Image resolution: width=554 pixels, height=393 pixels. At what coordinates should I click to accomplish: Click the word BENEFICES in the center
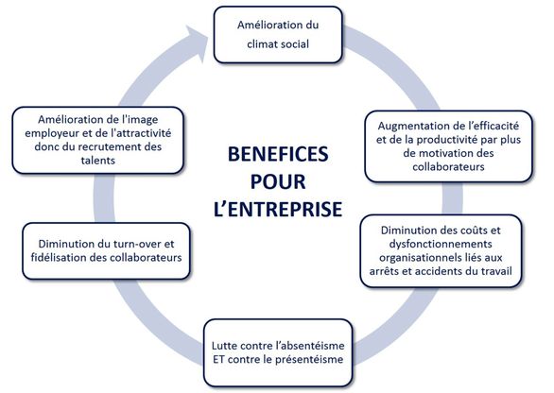(x=278, y=154)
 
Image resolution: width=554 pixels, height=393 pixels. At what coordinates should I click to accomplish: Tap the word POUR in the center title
(x=278, y=181)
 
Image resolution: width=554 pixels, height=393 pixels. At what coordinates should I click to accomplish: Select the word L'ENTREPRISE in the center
(x=278, y=209)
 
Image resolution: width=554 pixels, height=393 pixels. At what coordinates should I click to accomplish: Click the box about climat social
(x=278, y=35)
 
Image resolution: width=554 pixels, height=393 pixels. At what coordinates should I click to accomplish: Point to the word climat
(x=260, y=44)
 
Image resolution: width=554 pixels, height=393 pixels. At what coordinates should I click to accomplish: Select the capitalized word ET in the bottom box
(x=218, y=359)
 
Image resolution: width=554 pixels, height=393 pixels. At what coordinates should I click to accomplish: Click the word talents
(x=98, y=161)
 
